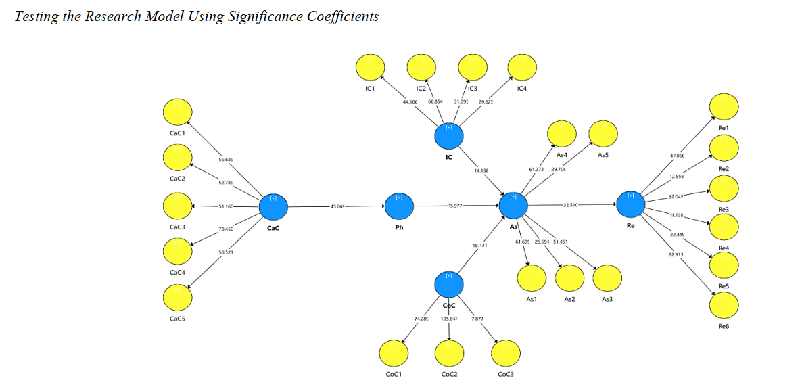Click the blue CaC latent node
[273, 206]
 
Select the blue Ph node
[398, 206]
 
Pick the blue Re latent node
[630, 203]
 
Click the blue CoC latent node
[448, 284]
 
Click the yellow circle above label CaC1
[177, 110]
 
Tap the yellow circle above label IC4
[521, 66]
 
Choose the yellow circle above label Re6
[724, 305]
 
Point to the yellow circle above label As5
[603, 133]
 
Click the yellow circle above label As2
[569, 277]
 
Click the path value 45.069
[337, 206]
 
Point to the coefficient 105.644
[449, 318]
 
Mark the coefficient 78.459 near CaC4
[226, 229]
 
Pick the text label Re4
[724, 248]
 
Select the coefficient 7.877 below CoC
[477, 318]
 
